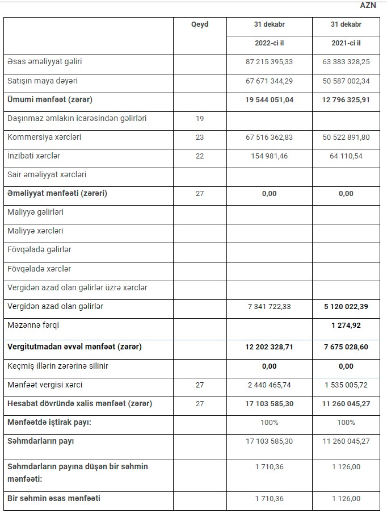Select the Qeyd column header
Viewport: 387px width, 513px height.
point(200,25)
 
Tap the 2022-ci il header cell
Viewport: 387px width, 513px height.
point(270,43)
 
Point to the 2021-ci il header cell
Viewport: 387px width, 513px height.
point(346,43)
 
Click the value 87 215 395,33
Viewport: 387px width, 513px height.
point(270,61)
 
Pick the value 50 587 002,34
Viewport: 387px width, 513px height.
point(346,81)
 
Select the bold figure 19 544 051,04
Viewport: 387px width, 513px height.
point(270,99)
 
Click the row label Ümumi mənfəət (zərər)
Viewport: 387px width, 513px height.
point(49,99)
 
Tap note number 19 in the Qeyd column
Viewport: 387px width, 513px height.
point(200,119)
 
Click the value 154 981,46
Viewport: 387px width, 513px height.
point(270,156)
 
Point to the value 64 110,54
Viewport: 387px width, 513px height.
point(346,156)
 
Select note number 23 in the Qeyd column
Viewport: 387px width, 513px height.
point(200,137)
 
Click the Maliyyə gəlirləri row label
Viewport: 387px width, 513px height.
point(35,212)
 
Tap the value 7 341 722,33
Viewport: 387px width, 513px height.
point(270,307)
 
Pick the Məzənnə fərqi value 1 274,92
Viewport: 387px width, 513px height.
point(346,326)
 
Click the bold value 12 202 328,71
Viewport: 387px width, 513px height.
point(270,347)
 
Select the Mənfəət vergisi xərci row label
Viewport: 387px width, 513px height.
point(45,385)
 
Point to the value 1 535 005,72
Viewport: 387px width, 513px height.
point(346,385)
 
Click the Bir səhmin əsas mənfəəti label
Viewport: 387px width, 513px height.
point(54,499)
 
